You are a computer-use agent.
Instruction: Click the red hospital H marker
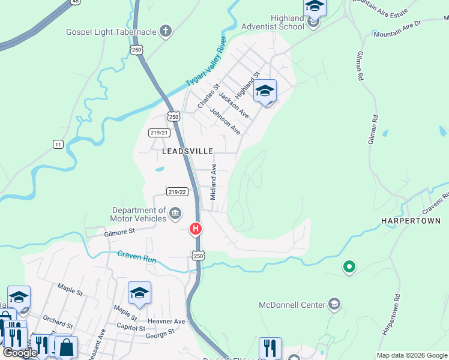(x=196, y=229)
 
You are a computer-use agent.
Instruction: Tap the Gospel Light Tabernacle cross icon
(x=166, y=31)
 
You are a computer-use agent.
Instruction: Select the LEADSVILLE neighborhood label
(x=188, y=152)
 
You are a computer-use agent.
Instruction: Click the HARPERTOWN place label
(x=411, y=221)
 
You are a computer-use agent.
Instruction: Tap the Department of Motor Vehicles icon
(x=175, y=213)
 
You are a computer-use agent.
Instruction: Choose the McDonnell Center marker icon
(x=334, y=305)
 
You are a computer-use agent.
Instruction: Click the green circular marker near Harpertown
(x=348, y=266)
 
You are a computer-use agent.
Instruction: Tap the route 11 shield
(x=58, y=144)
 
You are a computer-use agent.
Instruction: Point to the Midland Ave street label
(x=213, y=182)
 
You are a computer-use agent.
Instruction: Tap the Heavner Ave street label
(x=170, y=322)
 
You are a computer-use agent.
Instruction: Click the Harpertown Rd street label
(x=390, y=313)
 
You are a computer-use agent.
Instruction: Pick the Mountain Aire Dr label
(x=398, y=30)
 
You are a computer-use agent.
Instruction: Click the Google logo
(x=20, y=353)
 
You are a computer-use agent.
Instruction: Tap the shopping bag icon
(x=67, y=347)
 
